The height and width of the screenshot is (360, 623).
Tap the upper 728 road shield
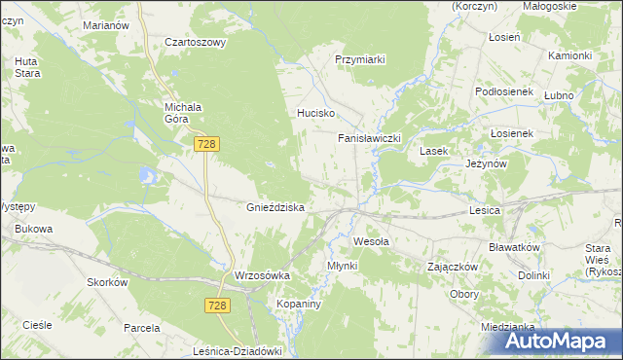(x=205, y=144)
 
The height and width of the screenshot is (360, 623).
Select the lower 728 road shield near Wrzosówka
(x=218, y=306)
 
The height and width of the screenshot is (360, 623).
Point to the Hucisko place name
(x=315, y=113)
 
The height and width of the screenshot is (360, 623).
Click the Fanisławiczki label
(x=369, y=138)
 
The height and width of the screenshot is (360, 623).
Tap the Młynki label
(x=343, y=265)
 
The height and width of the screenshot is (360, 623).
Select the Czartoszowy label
(x=195, y=43)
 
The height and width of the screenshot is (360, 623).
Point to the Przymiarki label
(x=360, y=59)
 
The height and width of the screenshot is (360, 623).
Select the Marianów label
(x=106, y=24)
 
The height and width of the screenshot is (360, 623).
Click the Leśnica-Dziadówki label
(x=238, y=352)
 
